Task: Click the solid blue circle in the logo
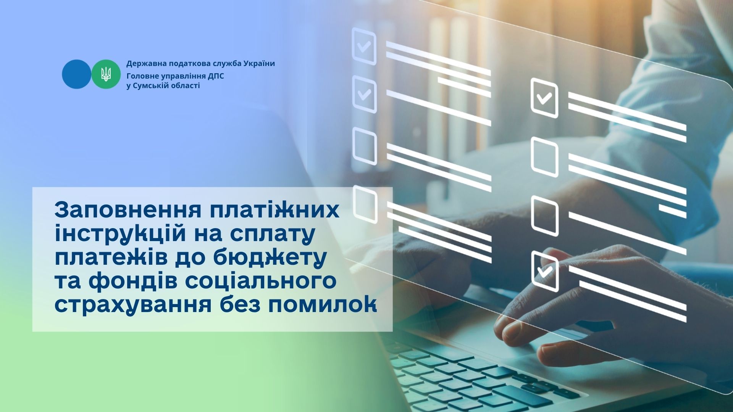(x=77, y=74)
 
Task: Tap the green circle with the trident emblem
(x=106, y=74)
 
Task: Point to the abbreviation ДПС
(x=216, y=76)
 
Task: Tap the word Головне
(x=141, y=76)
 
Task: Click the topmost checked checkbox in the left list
(x=364, y=46)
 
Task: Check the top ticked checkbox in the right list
(x=544, y=98)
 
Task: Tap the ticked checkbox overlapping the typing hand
(x=545, y=271)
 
